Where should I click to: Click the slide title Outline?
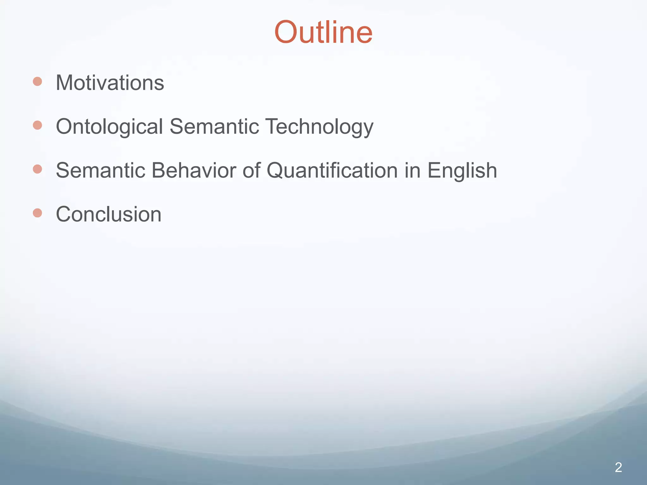pos(323,32)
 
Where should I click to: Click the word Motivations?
pos(110,83)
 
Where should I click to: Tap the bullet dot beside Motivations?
pos(38,81)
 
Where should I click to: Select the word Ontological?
pos(109,127)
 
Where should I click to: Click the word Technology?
pos(319,127)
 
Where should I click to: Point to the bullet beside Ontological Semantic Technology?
pos(38,125)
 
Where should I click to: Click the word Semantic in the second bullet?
pos(214,127)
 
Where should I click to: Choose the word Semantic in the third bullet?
pos(100,171)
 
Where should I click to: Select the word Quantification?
pos(332,171)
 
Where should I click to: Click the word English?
pos(462,171)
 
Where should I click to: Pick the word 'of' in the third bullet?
pos(251,171)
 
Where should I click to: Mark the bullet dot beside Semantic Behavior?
pos(38,169)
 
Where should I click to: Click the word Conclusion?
pos(109,214)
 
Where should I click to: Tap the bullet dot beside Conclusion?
pos(38,213)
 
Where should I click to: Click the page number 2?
pos(618,468)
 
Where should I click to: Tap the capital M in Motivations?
pos(64,83)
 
